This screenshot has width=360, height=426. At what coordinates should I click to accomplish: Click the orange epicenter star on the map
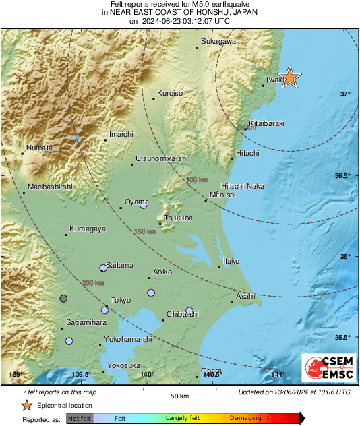[x=289, y=77]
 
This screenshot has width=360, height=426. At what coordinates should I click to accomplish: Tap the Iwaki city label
[x=273, y=80]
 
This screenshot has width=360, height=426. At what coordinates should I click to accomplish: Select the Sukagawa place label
[x=218, y=42]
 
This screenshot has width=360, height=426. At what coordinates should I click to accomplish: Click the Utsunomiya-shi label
[x=162, y=158]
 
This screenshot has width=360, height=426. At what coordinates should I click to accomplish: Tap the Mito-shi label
[x=223, y=195]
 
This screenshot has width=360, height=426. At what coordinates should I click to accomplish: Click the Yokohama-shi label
[x=128, y=340]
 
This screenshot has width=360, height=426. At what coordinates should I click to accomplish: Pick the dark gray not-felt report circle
[x=63, y=298]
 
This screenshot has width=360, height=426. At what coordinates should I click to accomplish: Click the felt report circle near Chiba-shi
[x=190, y=311]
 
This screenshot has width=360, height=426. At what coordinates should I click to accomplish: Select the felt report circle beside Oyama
[x=143, y=205]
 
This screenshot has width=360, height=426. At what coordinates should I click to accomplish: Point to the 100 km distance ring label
[x=198, y=179]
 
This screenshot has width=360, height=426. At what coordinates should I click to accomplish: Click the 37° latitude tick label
[x=344, y=94]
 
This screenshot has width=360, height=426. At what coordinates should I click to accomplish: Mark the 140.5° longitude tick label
[x=212, y=375]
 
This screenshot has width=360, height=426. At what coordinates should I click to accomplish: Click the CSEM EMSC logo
[x=325, y=368]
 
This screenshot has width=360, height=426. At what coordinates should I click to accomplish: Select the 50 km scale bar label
[x=178, y=394]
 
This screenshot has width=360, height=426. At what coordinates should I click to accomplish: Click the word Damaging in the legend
[x=245, y=418]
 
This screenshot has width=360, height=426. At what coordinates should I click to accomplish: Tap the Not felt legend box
[x=80, y=418]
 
